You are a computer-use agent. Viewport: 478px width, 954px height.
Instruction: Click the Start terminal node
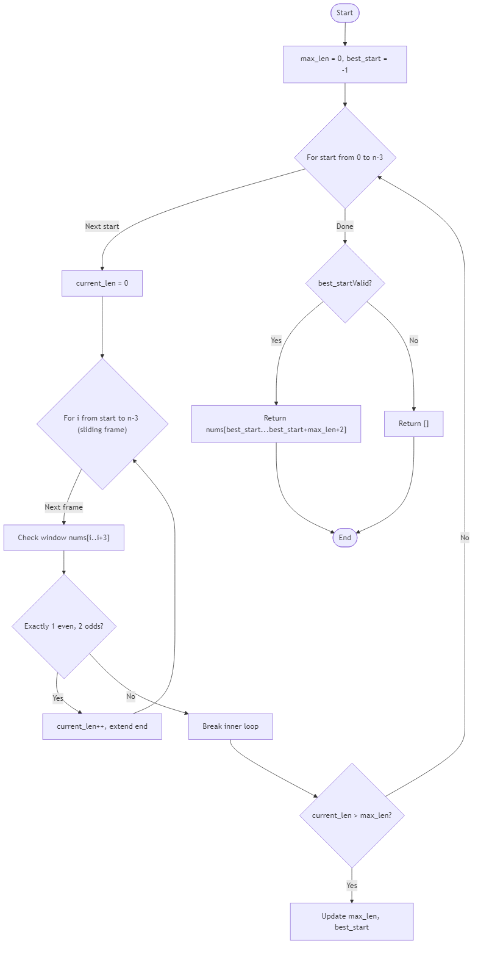(344, 13)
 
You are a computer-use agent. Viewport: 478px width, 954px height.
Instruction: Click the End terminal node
(344, 538)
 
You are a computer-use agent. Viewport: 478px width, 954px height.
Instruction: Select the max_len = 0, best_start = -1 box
(344, 64)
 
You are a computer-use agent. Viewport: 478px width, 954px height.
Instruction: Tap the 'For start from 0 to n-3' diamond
(344, 157)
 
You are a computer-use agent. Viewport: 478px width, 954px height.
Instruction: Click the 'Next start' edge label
(102, 226)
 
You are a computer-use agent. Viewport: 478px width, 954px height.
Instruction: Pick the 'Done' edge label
(344, 226)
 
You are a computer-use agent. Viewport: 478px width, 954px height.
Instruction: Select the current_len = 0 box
(102, 283)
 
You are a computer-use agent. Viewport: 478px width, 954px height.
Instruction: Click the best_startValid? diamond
(344, 283)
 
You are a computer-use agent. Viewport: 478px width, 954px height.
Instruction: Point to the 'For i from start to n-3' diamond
(102, 424)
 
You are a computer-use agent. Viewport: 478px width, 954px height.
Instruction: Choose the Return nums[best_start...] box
(276, 424)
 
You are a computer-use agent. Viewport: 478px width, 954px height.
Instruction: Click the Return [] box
(413, 424)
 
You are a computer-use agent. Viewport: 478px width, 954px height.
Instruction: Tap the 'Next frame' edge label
(63, 507)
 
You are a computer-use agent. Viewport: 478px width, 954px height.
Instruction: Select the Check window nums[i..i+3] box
(63, 538)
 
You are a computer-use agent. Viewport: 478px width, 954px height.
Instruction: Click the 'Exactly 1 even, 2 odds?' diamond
(63, 626)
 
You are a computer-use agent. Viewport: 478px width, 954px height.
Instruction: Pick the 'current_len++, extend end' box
(102, 726)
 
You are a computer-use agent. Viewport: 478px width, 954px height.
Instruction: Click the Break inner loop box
(230, 726)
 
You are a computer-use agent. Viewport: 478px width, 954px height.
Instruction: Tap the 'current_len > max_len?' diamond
(351, 815)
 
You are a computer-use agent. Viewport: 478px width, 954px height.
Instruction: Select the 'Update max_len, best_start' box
(351, 922)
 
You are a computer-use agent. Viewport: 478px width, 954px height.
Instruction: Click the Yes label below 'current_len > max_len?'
(351, 885)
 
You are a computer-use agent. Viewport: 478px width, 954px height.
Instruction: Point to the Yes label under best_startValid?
(276, 341)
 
